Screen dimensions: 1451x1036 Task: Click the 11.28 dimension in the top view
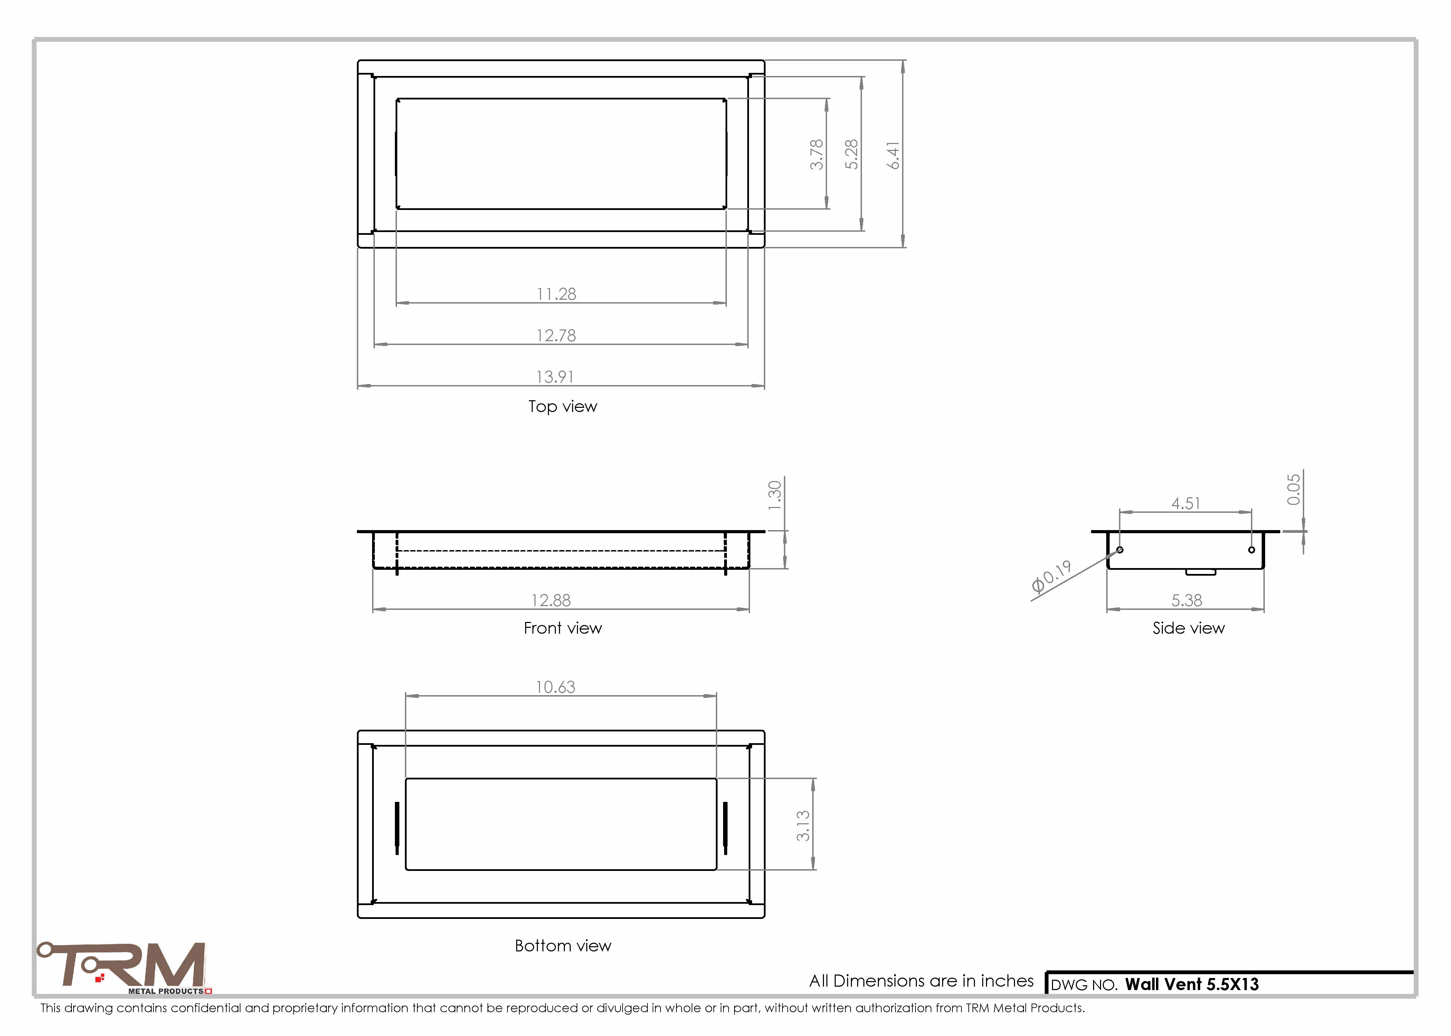557,294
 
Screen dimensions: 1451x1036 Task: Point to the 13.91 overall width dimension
555,377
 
